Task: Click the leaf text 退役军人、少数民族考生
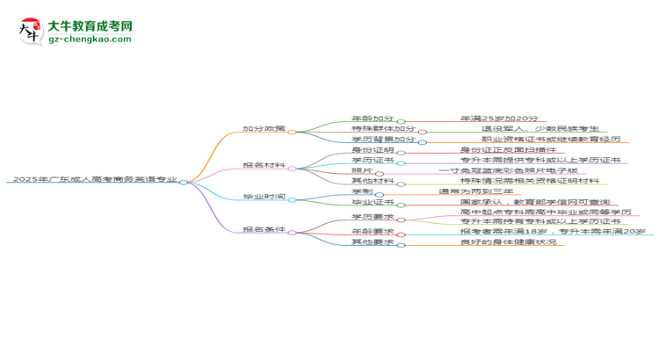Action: pos(518,129)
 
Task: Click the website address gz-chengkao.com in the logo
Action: pos(90,39)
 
